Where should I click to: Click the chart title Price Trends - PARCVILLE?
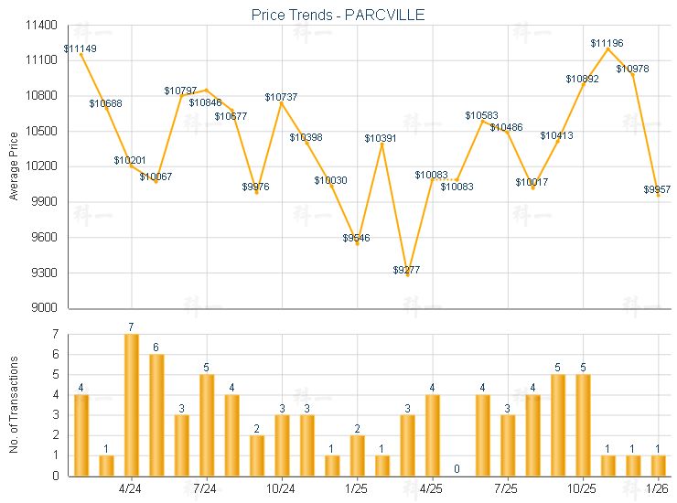(338, 15)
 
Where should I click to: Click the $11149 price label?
(81, 48)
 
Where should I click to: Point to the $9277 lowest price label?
(408, 270)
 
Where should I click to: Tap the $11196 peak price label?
(607, 43)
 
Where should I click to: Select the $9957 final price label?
(657, 189)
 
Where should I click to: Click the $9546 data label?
(357, 238)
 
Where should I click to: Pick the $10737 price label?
(281, 97)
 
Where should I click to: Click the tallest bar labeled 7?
(132, 404)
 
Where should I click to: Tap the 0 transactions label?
(457, 469)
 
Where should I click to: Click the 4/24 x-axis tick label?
(132, 488)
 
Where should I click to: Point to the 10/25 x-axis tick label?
(583, 488)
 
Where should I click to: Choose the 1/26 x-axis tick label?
(658, 488)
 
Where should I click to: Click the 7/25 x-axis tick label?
(508, 488)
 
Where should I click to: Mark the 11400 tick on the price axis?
(42, 25)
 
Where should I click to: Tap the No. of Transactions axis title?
(14, 405)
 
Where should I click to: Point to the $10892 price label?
(582, 79)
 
